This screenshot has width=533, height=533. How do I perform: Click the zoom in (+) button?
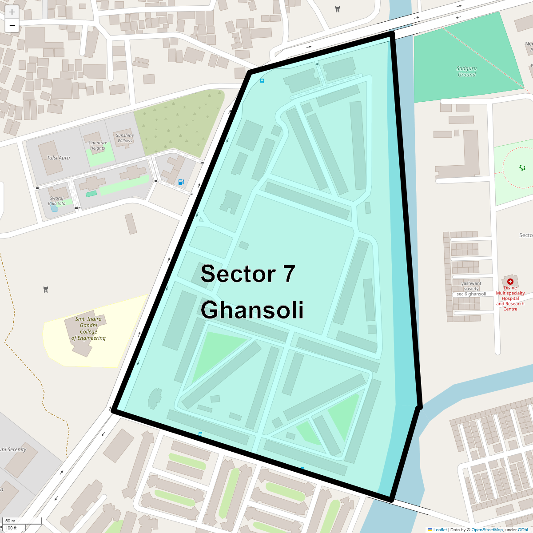[x=12, y=12]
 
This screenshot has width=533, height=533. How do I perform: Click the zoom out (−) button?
[x=12, y=25]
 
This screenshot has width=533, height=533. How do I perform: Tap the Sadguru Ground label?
[x=466, y=72]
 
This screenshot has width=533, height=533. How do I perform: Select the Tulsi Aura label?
[x=58, y=158]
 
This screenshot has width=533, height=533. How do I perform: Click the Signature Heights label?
[x=97, y=146]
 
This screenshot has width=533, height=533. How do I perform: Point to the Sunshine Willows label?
[x=125, y=138]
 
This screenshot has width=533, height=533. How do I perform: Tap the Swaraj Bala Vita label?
[x=57, y=201]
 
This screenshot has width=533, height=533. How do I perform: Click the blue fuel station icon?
[x=181, y=182]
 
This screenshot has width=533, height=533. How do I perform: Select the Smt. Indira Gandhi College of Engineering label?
[x=88, y=328]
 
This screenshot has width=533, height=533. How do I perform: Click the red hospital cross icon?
[x=510, y=281]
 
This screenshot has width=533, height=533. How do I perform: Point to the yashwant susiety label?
[x=471, y=286]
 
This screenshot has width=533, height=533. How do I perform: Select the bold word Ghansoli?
[x=252, y=310]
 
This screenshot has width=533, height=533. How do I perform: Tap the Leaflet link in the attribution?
[x=440, y=529]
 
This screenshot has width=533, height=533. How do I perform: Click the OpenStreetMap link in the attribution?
[x=487, y=529]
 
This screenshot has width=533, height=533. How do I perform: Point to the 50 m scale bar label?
[x=10, y=521]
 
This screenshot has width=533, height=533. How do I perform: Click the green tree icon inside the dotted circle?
[x=522, y=167]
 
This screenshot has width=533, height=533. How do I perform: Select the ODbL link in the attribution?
[x=523, y=529]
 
